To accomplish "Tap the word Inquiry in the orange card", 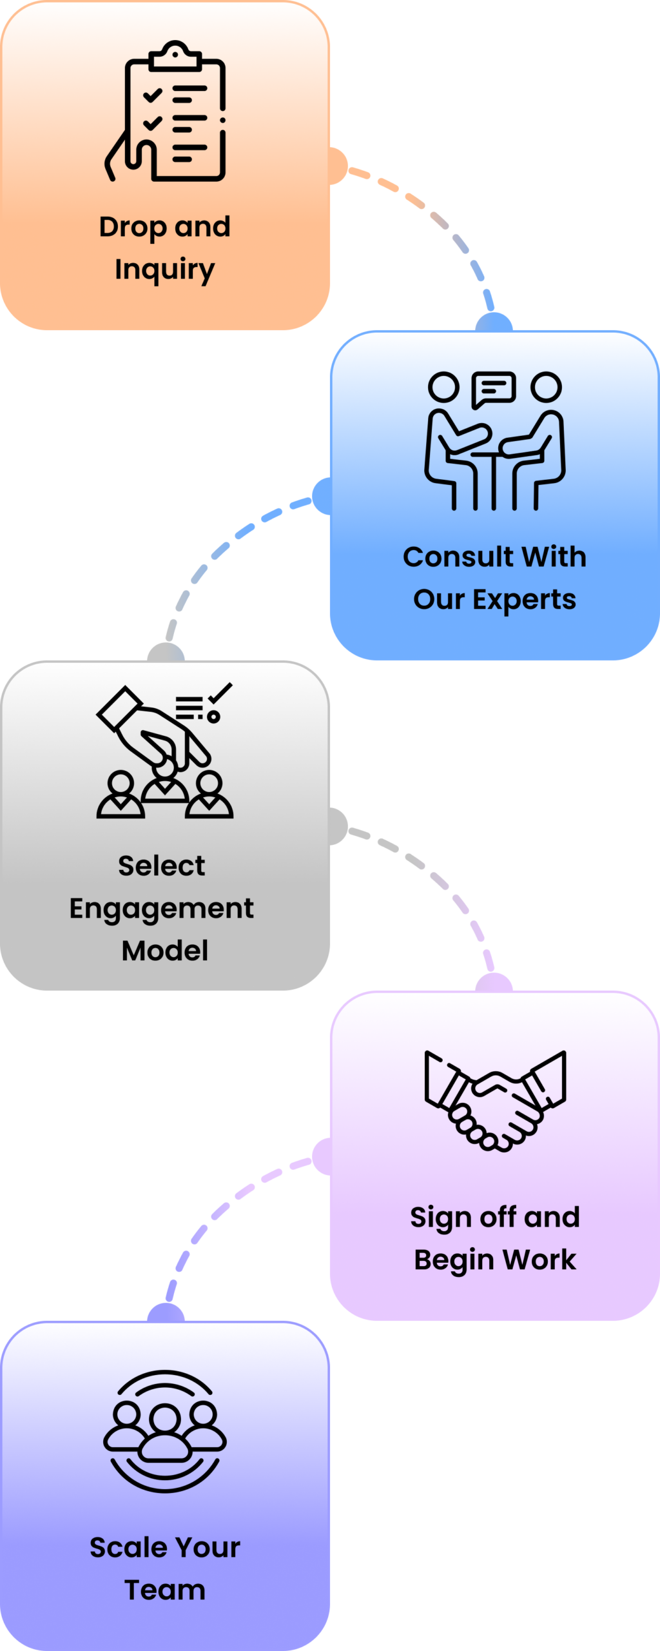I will click(x=165, y=270).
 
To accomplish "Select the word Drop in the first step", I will click(x=132, y=227).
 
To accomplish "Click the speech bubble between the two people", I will click(x=494, y=388).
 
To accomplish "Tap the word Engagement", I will click(x=161, y=909).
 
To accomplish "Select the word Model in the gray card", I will click(x=165, y=951).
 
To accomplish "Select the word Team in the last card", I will click(x=165, y=1590).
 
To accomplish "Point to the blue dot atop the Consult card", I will click(x=494, y=322).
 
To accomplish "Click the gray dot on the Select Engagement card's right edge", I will click(x=336, y=826).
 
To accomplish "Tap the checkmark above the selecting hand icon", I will click(x=220, y=692).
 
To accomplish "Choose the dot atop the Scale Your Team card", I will click(x=166, y=1313).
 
